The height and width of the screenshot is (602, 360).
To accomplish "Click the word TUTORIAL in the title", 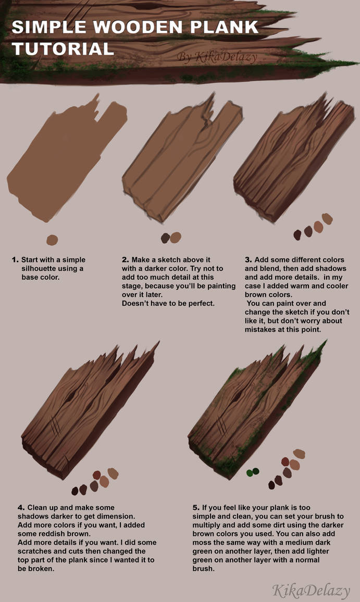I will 63,48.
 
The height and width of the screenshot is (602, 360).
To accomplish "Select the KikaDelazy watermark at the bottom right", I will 311,590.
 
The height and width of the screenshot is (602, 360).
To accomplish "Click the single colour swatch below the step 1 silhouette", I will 52,240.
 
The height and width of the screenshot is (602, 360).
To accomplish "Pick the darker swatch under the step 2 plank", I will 165,239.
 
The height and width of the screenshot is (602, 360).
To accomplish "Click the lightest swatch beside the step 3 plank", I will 327,219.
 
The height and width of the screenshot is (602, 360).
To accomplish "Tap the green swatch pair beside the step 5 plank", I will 252,472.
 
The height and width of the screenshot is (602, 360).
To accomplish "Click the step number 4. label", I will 21,507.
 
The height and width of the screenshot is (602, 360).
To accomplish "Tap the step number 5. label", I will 196,507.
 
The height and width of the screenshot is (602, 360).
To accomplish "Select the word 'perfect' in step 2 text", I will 200,303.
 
